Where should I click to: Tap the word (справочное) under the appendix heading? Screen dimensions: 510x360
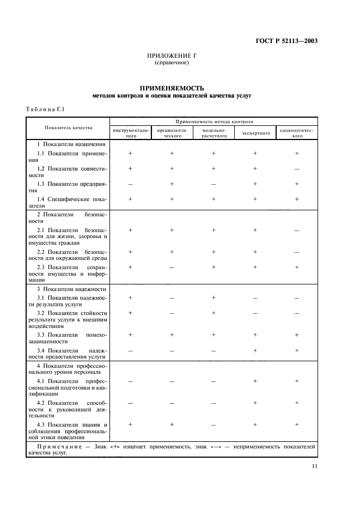pyautogui.click(x=172, y=63)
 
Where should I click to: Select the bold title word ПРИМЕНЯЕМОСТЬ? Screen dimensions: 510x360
pyautogui.click(x=172, y=88)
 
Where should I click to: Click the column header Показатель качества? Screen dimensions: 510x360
pyautogui.click(x=69, y=128)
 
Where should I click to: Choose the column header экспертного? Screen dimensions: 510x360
pyautogui.click(x=255, y=133)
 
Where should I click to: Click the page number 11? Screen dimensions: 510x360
pyautogui.click(x=315, y=466)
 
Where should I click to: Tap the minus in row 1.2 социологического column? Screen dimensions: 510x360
pyautogui.click(x=297, y=169)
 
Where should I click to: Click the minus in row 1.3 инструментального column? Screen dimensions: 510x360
pyautogui.click(x=130, y=184)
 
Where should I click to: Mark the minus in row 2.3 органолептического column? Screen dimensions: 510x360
pyautogui.click(x=172, y=267)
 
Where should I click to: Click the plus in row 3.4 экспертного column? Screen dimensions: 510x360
pyautogui.click(x=255, y=350)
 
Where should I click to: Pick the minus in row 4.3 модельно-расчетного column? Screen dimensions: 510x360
pyautogui.click(x=213, y=424)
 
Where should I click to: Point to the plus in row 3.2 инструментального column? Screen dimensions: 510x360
pyautogui.click(x=130, y=313)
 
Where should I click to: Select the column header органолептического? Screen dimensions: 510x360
pyautogui.click(x=173, y=133)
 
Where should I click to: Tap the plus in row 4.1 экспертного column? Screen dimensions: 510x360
pyautogui.click(x=255, y=381)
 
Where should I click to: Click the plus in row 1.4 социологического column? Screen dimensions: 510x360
pyautogui.click(x=297, y=199)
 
